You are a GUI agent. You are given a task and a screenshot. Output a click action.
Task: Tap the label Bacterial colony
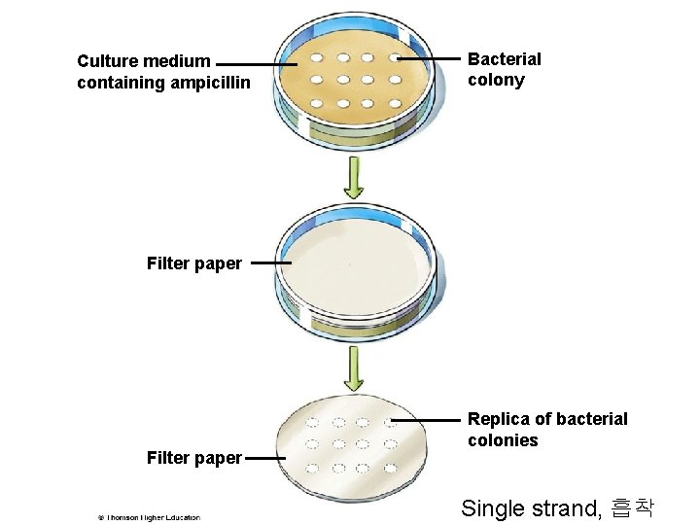[x=504, y=70]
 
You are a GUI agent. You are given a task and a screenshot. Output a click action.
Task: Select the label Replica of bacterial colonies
[x=546, y=430]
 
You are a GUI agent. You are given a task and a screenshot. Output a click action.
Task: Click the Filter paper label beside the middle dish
[x=193, y=262]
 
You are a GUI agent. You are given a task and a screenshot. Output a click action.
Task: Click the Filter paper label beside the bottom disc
[x=193, y=458]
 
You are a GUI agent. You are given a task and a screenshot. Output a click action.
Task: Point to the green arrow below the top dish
[x=354, y=179]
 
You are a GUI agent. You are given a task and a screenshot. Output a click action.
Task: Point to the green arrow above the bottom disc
[x=354, y=370]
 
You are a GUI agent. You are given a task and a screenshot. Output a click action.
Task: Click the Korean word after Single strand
[x=633, y=507]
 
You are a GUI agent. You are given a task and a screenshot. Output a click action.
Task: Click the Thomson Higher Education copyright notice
[x=148, y=517]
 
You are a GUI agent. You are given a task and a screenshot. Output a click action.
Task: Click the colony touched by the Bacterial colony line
[x=395, y=59]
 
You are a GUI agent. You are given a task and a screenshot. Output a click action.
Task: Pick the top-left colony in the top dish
[x=318, y=58]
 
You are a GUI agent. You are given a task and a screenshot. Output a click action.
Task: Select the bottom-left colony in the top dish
[x=318, y=102]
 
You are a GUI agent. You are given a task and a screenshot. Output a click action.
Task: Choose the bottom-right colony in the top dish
[x=392, y=102]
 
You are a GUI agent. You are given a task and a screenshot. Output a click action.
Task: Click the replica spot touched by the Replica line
[x=389, y=423]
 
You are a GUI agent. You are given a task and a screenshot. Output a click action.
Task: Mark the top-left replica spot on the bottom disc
[x=313, y=423]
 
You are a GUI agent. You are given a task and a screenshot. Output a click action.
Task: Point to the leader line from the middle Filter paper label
[x=270, y=262]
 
